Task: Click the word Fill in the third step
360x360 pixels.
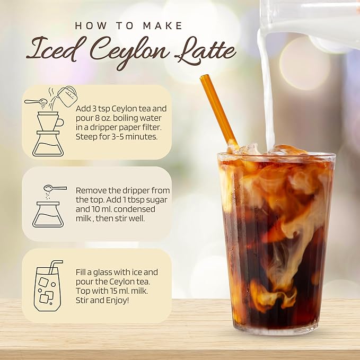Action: (x=84, y=272)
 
